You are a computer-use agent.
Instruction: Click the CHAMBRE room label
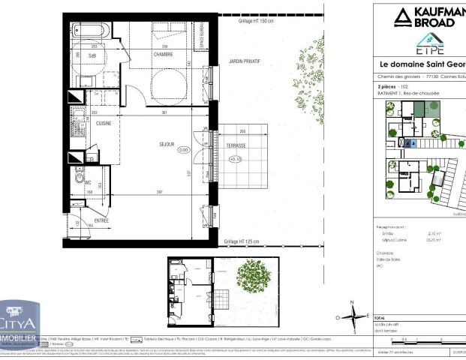click(164, 54)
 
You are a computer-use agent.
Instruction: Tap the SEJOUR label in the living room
click(166, 143)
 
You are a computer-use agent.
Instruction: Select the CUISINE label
click(104, 123)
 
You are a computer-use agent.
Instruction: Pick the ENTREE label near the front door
click(101, 220)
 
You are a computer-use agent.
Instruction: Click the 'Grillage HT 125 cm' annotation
click(242, 241)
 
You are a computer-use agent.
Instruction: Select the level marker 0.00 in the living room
click(182, 149)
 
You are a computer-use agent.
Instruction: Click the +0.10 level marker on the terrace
click(235, 159)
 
